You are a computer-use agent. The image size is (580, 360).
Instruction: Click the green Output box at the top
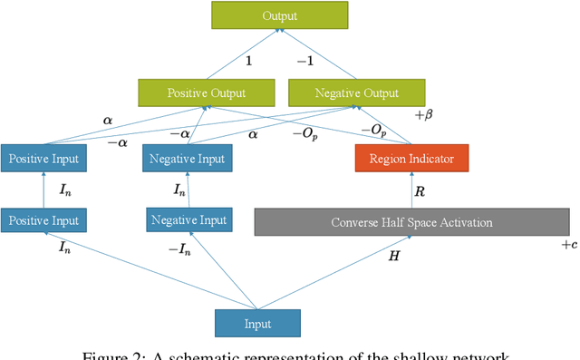tap(279, 15)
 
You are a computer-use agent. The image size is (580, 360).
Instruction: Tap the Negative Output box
tap(354, 92)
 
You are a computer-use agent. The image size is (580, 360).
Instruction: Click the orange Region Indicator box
tap(411, 159)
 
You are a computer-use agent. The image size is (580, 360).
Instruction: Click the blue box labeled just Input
tap(257, 322)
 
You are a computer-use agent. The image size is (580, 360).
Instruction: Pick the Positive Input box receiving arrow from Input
tap(44, 220)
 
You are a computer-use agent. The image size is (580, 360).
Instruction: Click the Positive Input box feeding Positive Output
tap(44, 159)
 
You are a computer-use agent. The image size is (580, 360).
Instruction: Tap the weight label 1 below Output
tap(248, 59)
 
